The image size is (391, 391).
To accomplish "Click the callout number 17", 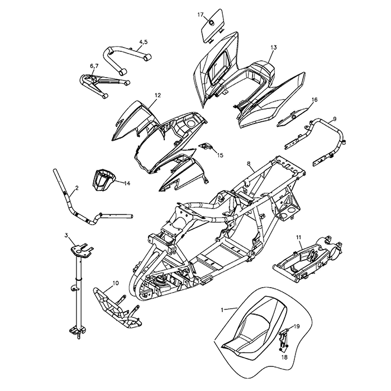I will coord(201,15).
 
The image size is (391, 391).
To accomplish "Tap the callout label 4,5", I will coord(143,42).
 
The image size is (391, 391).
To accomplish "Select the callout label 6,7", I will coord(94,66).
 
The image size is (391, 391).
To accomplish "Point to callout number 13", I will coord(273,47).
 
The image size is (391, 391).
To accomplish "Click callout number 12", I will coord(158,96).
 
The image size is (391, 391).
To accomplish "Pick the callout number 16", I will coord(314,100).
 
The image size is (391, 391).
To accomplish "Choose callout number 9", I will coord(334,118).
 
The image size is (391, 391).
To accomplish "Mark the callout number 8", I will coord(249,164).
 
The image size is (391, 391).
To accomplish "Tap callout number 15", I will coord(220,155).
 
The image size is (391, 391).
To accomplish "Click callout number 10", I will coord(115,283).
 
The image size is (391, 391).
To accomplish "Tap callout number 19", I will coord(297,326).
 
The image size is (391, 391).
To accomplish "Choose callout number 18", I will coord(284,356).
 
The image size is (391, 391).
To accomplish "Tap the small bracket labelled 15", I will coord(206,146).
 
